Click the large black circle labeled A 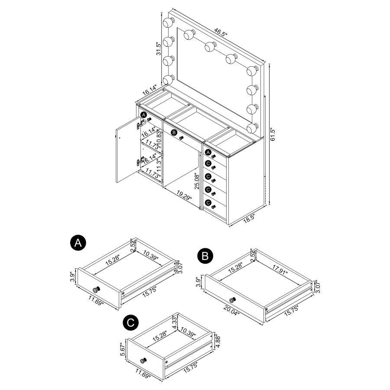(77, 243)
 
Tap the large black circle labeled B (205, 256)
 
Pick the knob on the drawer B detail (233, 300)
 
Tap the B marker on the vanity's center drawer (174, 132)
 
